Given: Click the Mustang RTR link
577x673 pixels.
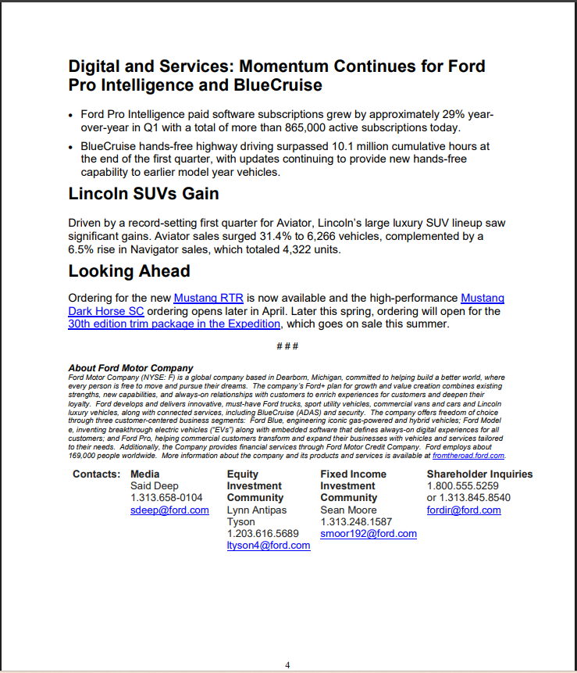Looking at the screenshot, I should pyautogui.click(x=208, y=298).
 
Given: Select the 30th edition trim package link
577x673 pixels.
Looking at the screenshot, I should pyautogui.click(x=174, y=323).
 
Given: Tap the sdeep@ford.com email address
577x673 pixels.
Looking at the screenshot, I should pyautogui.click(x=169, y=510).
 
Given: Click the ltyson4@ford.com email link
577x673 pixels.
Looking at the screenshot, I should pyautogui.click(x=268, y=546).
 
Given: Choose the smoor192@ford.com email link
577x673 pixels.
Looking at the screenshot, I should pyautogui.click(x=368, y=534).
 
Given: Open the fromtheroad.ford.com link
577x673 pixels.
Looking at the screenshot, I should pyautogui.click(x=468, y=455).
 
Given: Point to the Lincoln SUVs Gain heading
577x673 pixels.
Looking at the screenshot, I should pyautogui.click(x=143, y=193).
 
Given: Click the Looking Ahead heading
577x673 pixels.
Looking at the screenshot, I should pyautogui.click(x=129, y=271).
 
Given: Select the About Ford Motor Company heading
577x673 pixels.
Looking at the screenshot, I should pyautogui.click(x=130, y=367).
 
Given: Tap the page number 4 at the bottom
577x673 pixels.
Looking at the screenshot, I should pyautogui.click(x=287, y=665).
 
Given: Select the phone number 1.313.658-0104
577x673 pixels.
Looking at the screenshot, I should pyautogui.click(x=166, y=497).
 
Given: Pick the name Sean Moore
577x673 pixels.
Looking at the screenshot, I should pyautogui.click(x=348, y=510).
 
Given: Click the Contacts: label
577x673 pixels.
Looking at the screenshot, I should pyautogui.click(x=96, y=474).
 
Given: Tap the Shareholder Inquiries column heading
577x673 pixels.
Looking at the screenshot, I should pyautogui.click(x=479, y=474).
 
